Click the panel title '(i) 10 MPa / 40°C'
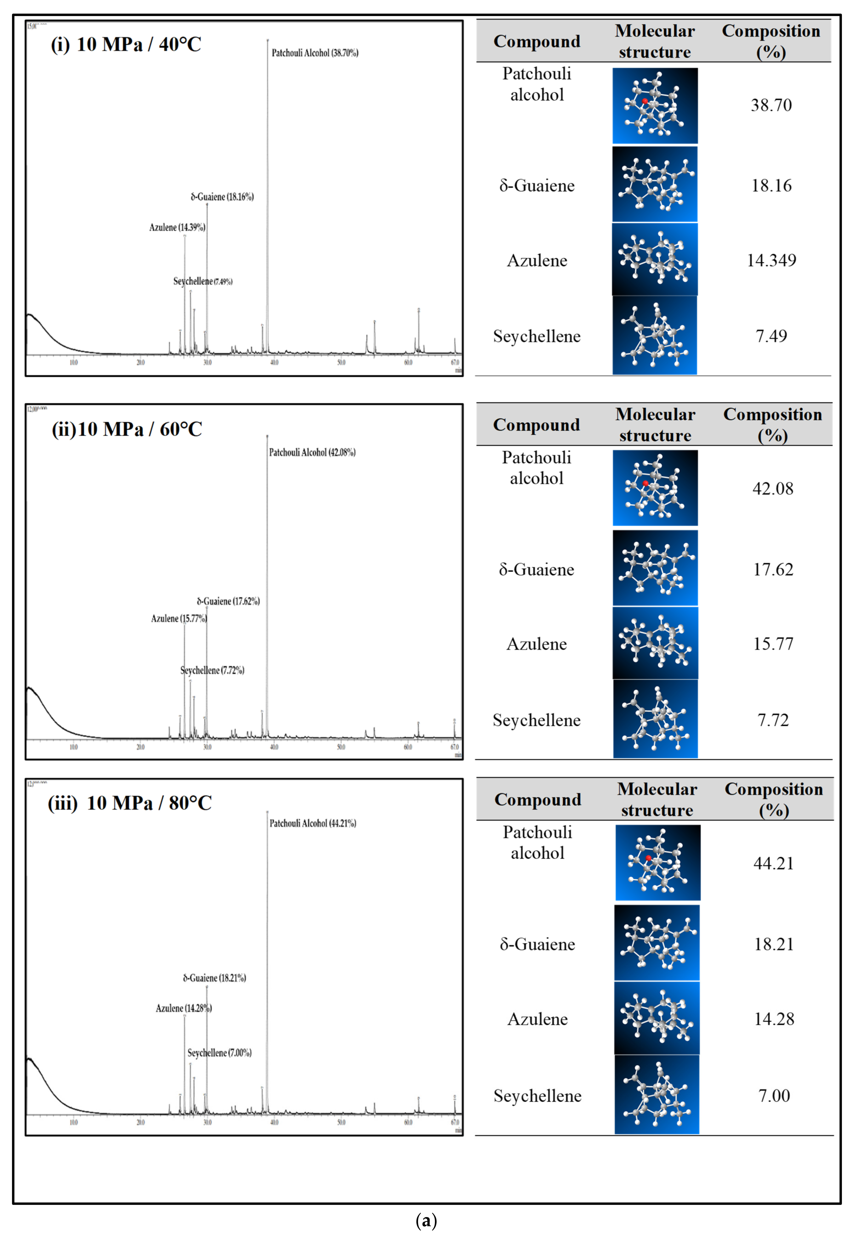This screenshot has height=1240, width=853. coord(126,44)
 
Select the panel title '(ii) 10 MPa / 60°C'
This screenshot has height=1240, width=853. coord(127,429)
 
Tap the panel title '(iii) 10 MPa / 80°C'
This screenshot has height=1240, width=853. coord(130,803)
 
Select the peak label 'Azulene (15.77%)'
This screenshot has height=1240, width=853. coord(179,619)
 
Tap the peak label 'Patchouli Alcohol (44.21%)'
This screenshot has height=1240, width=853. coord(313,823)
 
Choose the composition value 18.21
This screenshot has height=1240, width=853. coord(773,944)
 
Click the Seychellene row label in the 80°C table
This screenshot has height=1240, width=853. coord(537,1096)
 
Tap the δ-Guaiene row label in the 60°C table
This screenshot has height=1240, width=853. coord(537,569)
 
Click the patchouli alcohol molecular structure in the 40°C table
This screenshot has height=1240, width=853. coord(655,105)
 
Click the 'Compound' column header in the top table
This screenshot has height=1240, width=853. coord(537,41)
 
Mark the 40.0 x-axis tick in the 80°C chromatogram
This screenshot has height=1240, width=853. coord(274,1122)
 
